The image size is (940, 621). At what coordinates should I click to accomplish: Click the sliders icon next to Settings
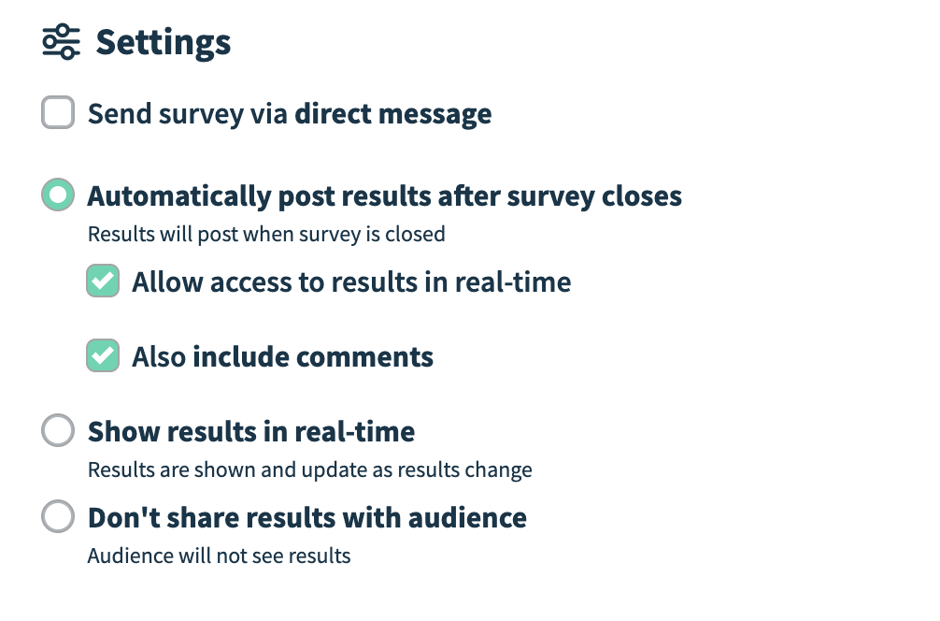point(61,42)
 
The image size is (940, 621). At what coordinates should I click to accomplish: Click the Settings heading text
point(164,43)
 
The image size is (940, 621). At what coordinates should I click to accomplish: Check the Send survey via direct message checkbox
point(58,112)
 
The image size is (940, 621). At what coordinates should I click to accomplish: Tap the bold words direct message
point(393,114)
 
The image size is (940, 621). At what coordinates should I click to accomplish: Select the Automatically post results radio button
point(58,195)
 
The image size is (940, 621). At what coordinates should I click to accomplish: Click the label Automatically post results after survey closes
point(385,196)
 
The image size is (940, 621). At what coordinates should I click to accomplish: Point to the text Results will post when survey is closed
point(267,234)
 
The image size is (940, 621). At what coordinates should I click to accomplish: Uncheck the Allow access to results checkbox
point(103,281)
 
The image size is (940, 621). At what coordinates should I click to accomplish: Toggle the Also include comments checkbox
point(103,355)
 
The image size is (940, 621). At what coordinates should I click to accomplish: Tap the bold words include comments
point(313,357)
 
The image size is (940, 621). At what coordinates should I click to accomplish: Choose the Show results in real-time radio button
point(58,429)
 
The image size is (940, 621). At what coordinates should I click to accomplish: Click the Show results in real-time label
point(251,431)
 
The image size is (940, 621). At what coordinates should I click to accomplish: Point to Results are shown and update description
point(310,469)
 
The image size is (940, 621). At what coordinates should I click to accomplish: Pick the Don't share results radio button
point(58,516)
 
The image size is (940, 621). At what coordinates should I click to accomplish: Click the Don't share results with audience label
point(306,518)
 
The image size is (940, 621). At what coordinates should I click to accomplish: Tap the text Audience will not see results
point(220,556)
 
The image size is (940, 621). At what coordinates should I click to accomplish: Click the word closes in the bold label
point(642,196)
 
